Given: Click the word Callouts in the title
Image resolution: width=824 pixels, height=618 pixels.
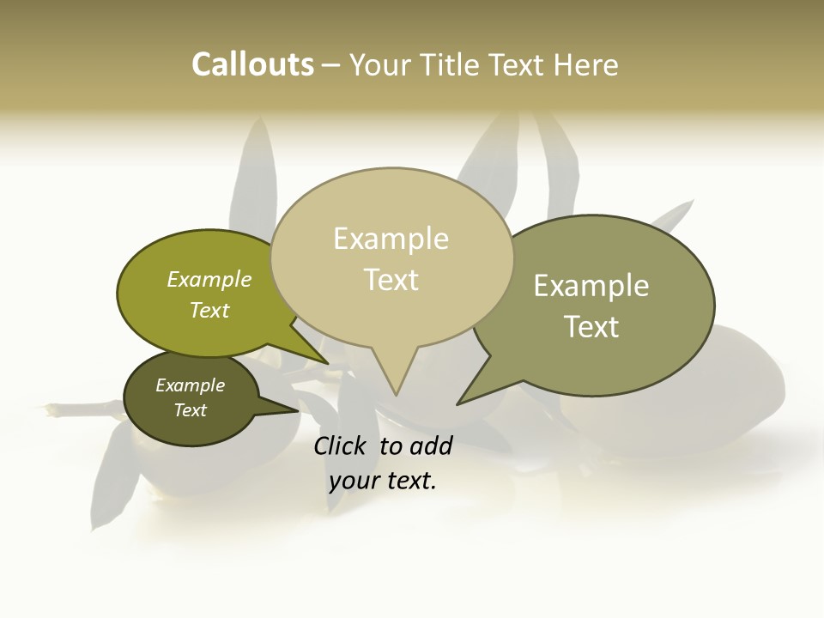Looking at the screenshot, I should pyautogui.click(x=252, y=64).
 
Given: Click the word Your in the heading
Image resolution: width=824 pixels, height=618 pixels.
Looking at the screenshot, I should pyautogui.click(x=381, y=64).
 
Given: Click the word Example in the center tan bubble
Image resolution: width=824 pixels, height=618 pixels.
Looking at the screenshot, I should pyautogui.click(x=391, y=239).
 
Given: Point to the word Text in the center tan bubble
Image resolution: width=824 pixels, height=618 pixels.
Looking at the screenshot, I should pyautogui.click(x=391, y=280).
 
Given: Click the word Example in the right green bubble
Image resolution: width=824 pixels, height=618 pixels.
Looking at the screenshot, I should pyautogui.click(x=591, y=286).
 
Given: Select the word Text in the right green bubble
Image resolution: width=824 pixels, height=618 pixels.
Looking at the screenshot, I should pyautogui.click(x=591, y=327).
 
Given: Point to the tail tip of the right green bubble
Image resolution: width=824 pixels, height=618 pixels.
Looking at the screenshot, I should pyautogui.click(x=459, y=403).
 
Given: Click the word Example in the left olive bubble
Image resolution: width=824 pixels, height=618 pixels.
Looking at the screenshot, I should pyautogui.click(x=209, y=279).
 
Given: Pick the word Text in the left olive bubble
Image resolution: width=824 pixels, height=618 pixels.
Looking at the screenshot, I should pyautogui.click(x=209, y=310).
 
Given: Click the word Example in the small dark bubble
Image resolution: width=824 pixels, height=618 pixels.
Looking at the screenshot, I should pyautogui.click(x=190, y=385).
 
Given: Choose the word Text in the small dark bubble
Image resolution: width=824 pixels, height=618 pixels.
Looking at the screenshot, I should pyautogui.click(x=190, y=410).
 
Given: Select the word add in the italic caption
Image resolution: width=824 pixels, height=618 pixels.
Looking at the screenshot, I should pyautogui.click(x=431, y=445).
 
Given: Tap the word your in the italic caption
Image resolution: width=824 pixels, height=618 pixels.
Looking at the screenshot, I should pyautogui.click(x=354, y=482).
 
